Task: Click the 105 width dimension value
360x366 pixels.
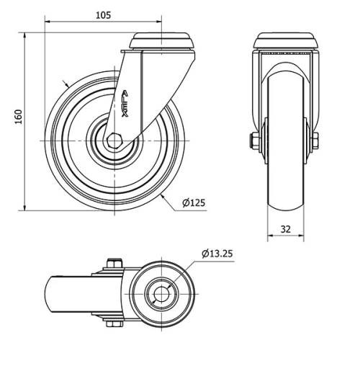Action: point(104,15)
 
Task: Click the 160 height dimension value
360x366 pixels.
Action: point(19,117)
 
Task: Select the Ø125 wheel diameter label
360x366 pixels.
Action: point(194,203)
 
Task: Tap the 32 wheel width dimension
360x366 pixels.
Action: point(286,229)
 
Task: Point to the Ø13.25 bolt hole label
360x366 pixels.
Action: point(217,254)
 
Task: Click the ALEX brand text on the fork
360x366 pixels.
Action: point(125,104)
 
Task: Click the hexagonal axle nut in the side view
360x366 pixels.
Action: point(114,140)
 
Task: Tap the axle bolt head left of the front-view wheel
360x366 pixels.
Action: point(253,140)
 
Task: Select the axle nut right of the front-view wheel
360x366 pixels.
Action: point(315,140)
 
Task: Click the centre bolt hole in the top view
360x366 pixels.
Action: point(161,294)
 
